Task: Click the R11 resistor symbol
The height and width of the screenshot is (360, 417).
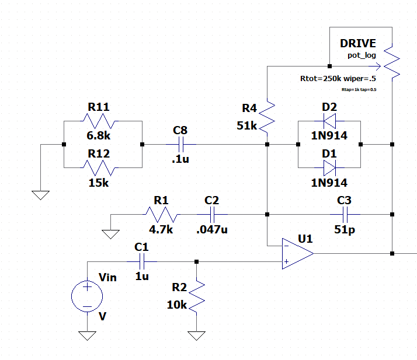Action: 102,121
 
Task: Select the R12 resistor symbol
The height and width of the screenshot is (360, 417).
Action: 102,167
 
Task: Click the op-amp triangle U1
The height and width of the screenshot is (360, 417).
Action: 297,253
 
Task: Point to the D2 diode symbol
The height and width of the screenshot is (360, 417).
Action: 329,121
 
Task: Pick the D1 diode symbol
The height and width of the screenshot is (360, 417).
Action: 329,167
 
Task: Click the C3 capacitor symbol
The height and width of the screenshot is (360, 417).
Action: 343,214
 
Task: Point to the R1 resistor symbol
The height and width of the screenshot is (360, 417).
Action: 162,214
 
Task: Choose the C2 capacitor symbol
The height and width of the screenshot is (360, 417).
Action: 211,214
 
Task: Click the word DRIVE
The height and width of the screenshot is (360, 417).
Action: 358,44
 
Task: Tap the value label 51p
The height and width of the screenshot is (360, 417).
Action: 345,229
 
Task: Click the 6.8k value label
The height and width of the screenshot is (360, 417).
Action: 99,135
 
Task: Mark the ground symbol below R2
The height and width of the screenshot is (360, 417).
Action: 197,336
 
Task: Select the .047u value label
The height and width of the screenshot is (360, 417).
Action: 211,229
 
